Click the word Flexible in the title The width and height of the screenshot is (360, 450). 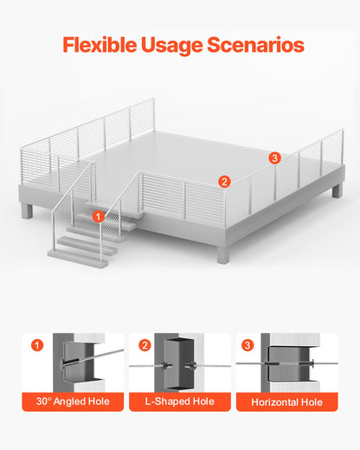coord(100,45)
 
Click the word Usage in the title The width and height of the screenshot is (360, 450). coord(171,46)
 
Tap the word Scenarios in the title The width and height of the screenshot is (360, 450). coord(255,45)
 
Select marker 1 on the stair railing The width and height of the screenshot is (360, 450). coord(99,216)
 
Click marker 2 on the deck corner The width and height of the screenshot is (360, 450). coord(224,182)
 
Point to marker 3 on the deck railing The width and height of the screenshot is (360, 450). coord(274,157)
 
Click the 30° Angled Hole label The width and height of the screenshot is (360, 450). coord(73,402)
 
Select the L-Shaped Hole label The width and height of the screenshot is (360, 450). coord(179,402)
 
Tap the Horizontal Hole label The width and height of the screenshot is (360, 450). coord(286,402)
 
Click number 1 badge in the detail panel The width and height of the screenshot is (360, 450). coord(37,345)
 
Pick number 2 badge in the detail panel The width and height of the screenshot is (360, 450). coord(145,345)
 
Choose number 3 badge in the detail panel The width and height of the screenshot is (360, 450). coord(247,345)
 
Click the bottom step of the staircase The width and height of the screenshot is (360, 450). coord(78,259)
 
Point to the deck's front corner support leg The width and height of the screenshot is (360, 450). coord(223,254)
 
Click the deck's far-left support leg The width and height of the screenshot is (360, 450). coord(27,210)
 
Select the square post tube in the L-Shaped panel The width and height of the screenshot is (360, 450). coord(179,363)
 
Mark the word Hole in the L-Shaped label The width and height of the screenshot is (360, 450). coord(203,402)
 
